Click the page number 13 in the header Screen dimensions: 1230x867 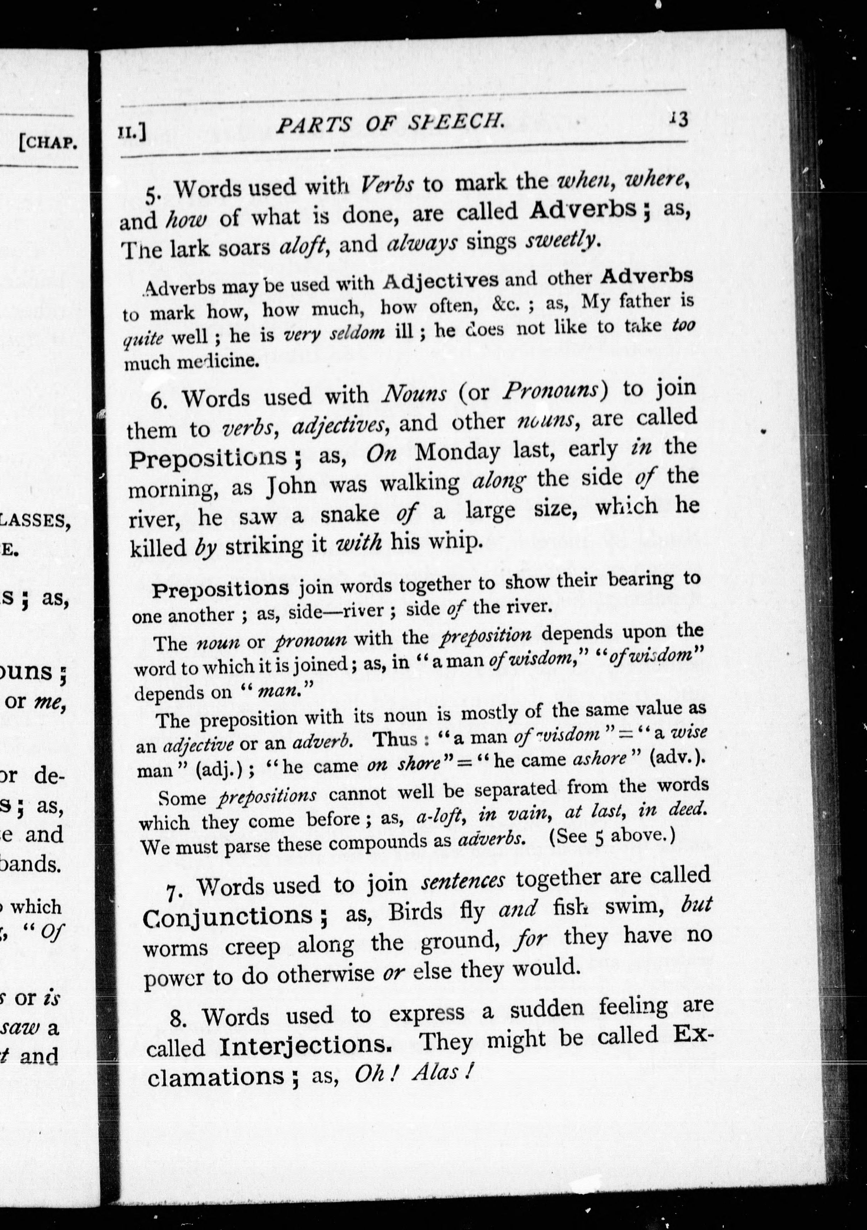tap(679, 119)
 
